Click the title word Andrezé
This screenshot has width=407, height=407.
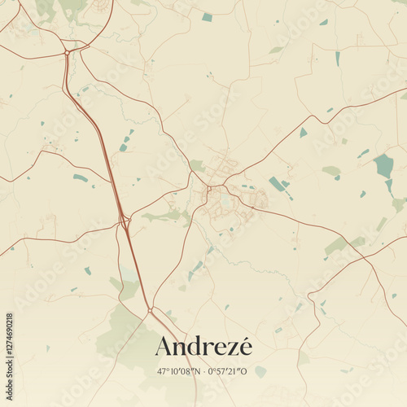point(203,347)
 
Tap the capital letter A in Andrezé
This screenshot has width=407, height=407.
point(164,347)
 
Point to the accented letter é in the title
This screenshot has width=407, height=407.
point(245,346)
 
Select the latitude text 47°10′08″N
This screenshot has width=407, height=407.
point(179,371)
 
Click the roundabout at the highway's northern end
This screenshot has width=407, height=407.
point(66,53)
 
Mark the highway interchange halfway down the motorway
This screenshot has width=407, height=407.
point(123,220)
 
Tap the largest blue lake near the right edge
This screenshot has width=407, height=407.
point(383,166)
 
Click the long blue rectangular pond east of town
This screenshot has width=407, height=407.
point(277,184)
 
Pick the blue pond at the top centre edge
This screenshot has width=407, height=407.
point(207,17)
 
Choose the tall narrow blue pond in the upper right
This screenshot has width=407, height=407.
point(338,59)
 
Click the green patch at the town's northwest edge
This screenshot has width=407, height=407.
point(196,165)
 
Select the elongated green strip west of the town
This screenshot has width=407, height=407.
point(163,216)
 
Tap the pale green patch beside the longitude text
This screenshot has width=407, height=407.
point(260,371)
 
